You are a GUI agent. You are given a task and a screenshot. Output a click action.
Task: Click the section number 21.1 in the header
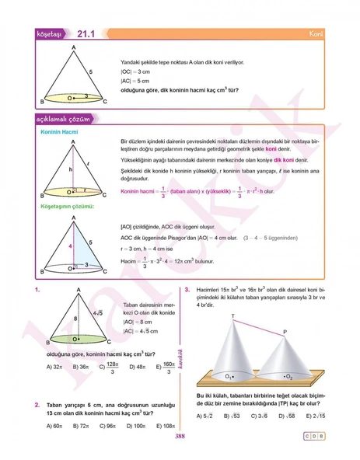click(x=86, y=34)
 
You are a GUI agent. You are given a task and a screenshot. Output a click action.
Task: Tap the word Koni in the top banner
click(x=316, y=35)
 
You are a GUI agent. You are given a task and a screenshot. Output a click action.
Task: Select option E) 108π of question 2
click(x=164, y=425)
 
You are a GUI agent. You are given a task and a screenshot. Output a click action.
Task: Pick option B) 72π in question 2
click(x=82, y=425)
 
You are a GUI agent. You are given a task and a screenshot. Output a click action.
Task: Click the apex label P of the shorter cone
click(x=285, y=331)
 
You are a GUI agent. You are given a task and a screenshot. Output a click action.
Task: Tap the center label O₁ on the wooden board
click(x=230, y=376)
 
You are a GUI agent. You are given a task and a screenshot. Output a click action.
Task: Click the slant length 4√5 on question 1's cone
click(x=99, y=312)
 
